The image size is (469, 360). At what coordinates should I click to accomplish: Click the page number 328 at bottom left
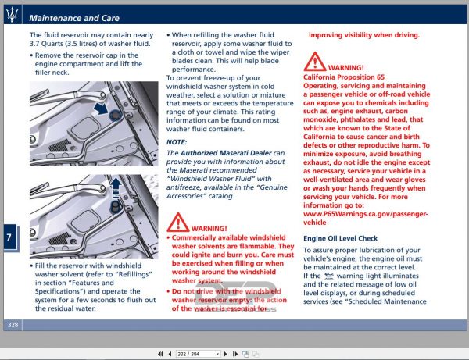click(13, 324)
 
